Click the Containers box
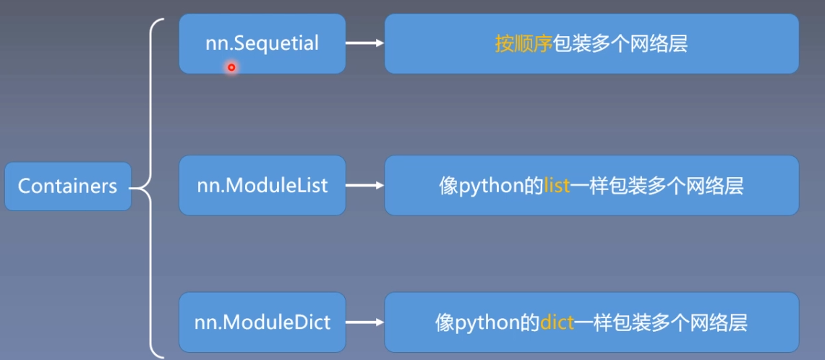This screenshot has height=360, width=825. click(67, 187)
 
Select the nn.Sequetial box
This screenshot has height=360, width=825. click(262, 43)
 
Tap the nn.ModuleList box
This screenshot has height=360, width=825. click(262, 186)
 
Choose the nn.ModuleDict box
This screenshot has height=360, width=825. click(262, 322)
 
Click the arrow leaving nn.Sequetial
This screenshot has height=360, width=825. click(364, 43)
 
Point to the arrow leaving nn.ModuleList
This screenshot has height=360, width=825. click(364, 186)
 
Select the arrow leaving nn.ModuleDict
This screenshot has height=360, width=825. click(364, 322)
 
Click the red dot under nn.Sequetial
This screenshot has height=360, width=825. click(231, 68)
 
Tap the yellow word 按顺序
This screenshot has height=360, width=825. click(523, 43)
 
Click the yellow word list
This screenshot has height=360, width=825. click(557, 186)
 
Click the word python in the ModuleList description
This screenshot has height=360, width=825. click(491, 187)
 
